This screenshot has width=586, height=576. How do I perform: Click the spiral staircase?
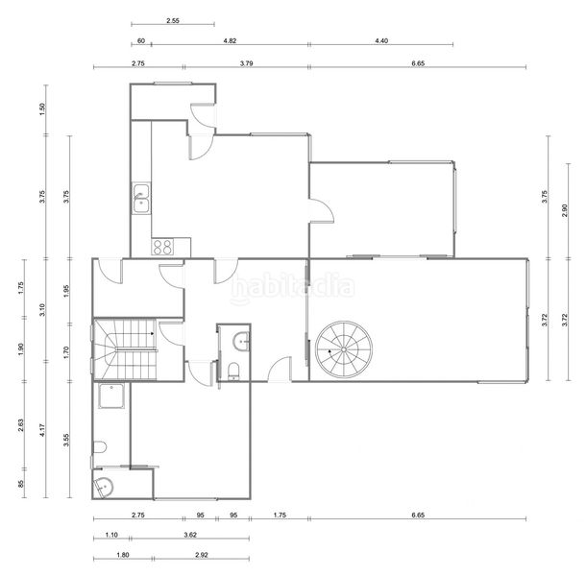point(344,349)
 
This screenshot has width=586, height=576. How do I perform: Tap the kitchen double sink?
point(141,198)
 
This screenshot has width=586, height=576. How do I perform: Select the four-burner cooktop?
point(162,247)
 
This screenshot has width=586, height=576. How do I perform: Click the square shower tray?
point(111,396)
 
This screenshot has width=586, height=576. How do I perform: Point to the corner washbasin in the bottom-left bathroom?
point(103,488)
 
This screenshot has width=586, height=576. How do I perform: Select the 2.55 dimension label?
point(173,21)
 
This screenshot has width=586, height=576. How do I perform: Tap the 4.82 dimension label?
point(230,40)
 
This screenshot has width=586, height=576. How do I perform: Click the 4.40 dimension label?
point(381,40)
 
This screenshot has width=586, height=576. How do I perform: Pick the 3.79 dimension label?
point(246,63)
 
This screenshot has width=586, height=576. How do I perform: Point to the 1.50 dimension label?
point(42,109)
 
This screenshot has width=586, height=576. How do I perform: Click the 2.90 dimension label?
point(564,210)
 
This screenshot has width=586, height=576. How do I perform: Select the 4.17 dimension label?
point(42,430)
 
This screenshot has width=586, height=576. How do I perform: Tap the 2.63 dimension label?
point(21,425)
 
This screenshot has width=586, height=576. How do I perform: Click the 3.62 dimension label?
point(190,535)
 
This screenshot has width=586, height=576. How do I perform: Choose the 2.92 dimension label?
point(202,555)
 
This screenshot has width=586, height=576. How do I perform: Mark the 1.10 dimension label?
point(111,535)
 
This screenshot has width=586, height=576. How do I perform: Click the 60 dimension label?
point(141,40)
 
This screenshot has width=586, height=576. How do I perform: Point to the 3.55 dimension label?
point(66,440)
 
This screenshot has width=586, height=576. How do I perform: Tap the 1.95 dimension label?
point(66,291)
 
